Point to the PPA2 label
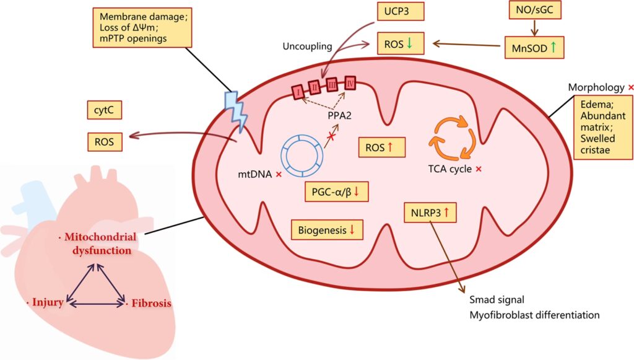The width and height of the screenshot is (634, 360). click(x=340, y=115)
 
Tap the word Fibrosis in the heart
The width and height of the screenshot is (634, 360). click(x=150, y=304)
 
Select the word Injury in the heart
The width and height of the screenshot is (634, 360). click(x=48, y=302)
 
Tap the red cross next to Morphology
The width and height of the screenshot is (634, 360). click(x=630, y=86)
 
